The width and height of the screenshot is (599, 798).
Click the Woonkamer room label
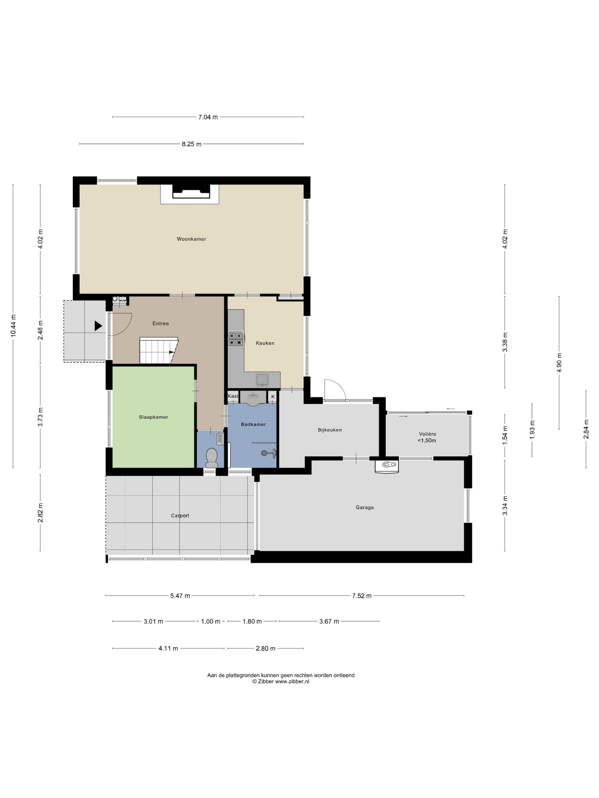point(191,239)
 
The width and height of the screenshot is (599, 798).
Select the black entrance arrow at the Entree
point(98,326)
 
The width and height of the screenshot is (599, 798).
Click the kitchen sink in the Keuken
point(262,380)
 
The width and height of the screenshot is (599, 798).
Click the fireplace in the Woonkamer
point(191,191)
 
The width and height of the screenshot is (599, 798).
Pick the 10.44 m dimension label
point(13,326)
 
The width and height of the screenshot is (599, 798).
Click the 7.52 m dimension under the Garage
point(362,596)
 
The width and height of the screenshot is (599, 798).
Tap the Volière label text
point(428,434)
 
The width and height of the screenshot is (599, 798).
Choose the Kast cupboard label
point(233,396)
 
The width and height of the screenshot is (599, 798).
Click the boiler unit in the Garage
point(387,465)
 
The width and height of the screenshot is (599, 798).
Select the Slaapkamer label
point(153,417)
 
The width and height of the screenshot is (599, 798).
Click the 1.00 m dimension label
point(211,621)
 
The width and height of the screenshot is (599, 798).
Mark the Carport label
point(180,516)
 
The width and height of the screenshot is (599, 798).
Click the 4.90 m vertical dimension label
point(559,363)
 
